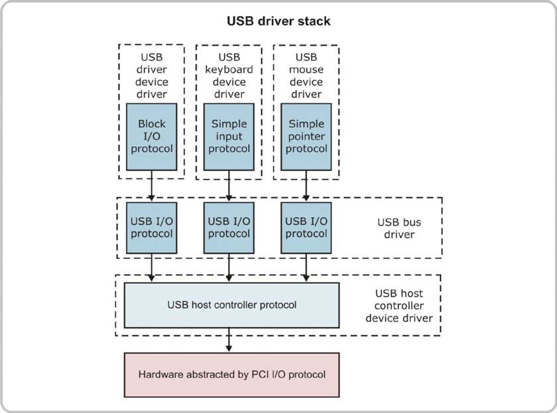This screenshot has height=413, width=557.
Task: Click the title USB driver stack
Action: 278,21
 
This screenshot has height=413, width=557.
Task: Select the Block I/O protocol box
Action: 152,137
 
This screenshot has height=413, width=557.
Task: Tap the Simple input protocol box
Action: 229,137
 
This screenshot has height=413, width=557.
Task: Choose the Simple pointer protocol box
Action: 306,137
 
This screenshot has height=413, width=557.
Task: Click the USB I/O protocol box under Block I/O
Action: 152,228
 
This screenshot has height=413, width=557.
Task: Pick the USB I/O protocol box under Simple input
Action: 229,228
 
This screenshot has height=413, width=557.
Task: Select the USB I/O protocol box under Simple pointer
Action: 306,228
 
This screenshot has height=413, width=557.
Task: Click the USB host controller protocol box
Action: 231,305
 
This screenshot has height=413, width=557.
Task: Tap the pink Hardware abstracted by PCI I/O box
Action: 231,375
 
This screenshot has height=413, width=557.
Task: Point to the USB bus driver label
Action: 399,228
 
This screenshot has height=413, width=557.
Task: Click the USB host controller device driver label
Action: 399,306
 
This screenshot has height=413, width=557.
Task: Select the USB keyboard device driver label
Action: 229,75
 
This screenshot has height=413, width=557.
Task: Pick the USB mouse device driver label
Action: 306,75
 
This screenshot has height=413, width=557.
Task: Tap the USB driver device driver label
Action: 152,75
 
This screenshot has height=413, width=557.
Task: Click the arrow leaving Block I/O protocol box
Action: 152,186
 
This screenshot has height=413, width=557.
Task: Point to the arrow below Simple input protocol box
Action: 229,186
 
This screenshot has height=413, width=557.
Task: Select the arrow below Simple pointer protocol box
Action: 306,186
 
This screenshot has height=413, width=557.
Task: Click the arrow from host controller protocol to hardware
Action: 229,340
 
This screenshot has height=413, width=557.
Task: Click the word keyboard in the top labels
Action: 229,69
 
